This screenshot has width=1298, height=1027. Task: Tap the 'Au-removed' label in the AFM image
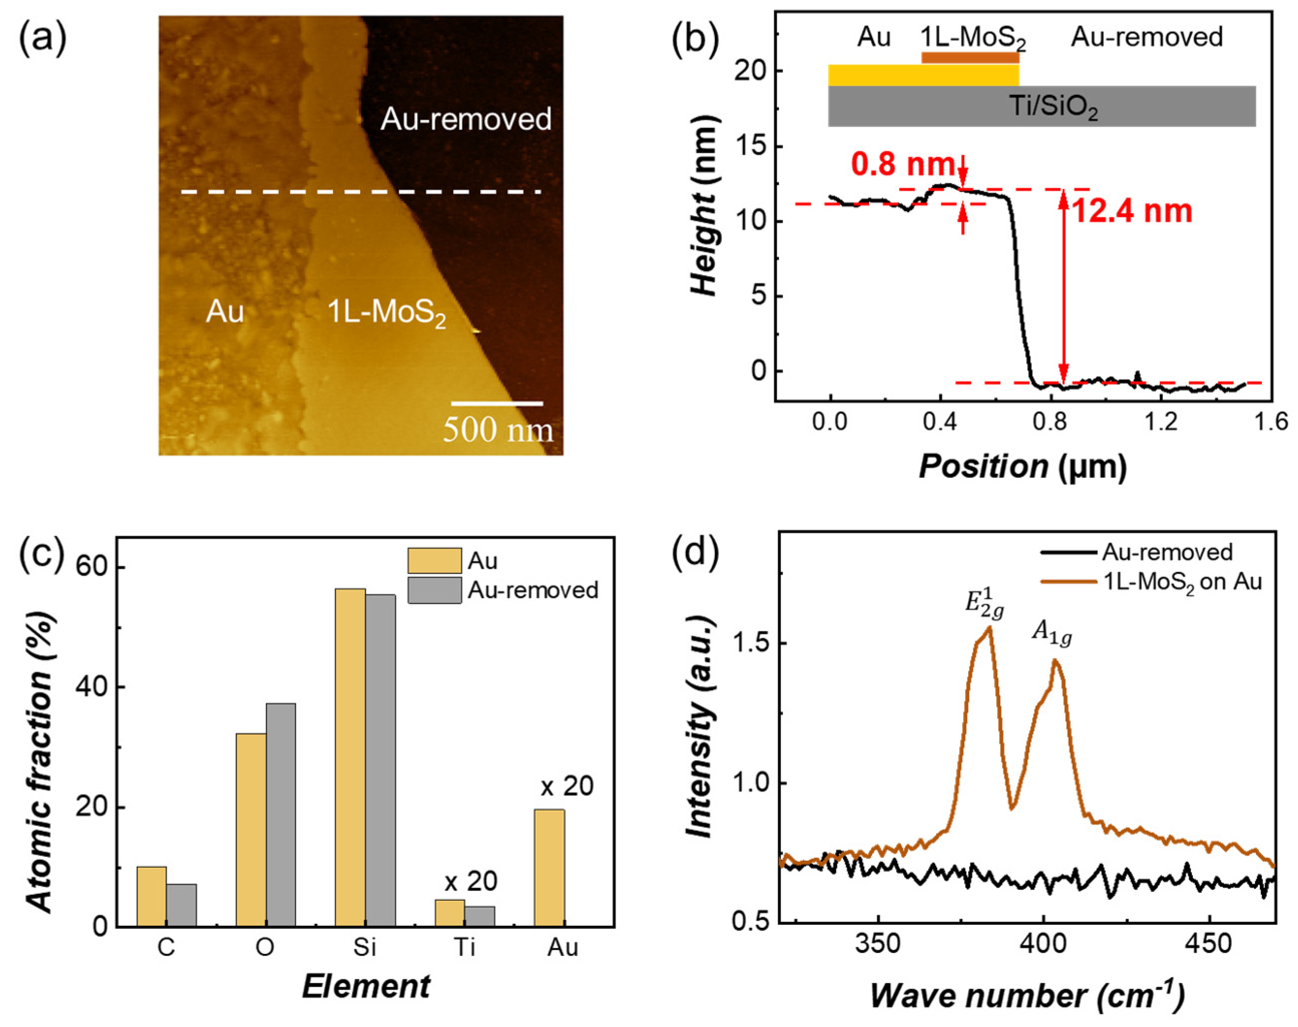tap(466, 119)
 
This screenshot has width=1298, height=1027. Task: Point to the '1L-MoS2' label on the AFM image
tap(387, 314)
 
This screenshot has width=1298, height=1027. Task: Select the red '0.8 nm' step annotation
tap(903, 164)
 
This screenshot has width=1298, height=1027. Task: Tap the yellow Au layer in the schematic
tap(923, 75)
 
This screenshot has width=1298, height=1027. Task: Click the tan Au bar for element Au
tap(549, 868)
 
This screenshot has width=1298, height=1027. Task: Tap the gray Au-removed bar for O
tap(281, 815)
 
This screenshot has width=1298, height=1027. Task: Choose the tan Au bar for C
tap(152, 896)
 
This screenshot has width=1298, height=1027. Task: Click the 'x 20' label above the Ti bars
tap(471, 881)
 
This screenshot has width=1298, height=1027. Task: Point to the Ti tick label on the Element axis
tap(464, 947)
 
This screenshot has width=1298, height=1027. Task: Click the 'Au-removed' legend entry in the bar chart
tap(503, 590)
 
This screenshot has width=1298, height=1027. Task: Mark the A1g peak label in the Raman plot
tap(1052, 632)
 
